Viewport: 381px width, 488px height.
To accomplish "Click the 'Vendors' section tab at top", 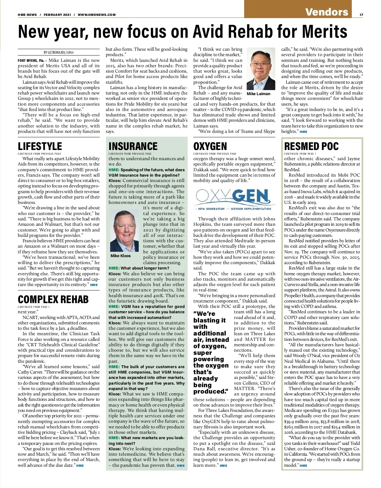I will [327, 12].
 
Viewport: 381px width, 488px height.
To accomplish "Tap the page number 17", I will [361, 15].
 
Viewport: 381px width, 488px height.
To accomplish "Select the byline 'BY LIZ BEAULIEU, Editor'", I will [59, 52].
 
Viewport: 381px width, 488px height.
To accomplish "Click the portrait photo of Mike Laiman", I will [261, 69].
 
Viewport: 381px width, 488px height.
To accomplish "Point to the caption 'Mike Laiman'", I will [258, 94].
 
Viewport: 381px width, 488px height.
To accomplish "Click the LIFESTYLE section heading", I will [40, 146].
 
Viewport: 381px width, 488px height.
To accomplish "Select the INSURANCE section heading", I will [133, 146].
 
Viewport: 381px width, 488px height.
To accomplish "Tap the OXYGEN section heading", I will [210, 146].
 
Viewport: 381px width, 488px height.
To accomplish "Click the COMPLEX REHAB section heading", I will [53, 299].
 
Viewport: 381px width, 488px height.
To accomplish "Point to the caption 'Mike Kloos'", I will [121, 256].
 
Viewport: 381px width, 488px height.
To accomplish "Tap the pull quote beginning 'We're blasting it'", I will [211, 352].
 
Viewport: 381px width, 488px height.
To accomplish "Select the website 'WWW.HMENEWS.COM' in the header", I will [97, 15].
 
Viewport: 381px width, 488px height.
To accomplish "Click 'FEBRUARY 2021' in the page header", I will [55, 15].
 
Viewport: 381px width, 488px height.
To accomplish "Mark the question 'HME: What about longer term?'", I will [139, 268].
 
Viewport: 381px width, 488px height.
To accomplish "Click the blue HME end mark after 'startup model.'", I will [304, 465].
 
